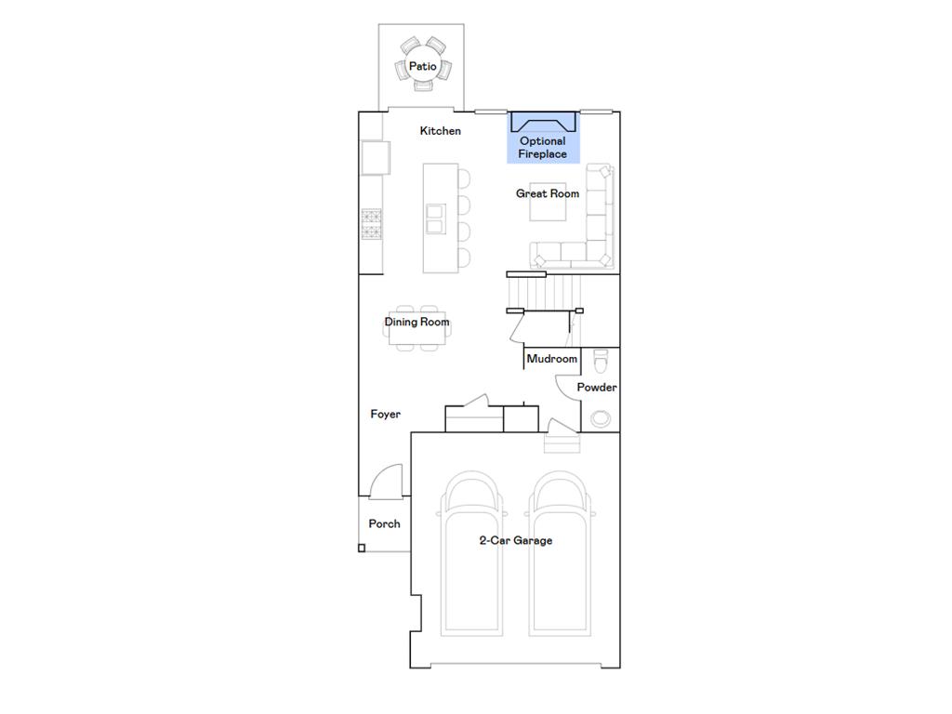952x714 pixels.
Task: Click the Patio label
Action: coord(422,67)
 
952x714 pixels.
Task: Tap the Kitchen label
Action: coord(440,131)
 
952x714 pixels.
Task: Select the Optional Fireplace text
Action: coord(542,148)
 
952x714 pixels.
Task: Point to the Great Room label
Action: coord(548,193)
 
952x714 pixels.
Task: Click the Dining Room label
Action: coord(416,323)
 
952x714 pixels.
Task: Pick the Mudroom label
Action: coord(551,359)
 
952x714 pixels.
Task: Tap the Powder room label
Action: coord(597,388)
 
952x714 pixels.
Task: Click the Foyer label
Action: coord(385,414)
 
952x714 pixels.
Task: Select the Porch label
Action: coord(384,524)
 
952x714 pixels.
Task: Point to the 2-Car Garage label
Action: coord(515,540)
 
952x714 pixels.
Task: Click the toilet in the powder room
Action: coord(601,359)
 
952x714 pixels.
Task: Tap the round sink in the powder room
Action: coord(601,418)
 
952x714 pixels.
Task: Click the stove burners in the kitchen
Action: coord(371,224)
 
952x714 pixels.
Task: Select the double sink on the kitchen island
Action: coord(435,218)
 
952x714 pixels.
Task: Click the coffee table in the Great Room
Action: coord(548,205)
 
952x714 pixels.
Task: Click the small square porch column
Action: coord(362,549)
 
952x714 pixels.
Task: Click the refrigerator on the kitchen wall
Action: coord(375,157)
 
